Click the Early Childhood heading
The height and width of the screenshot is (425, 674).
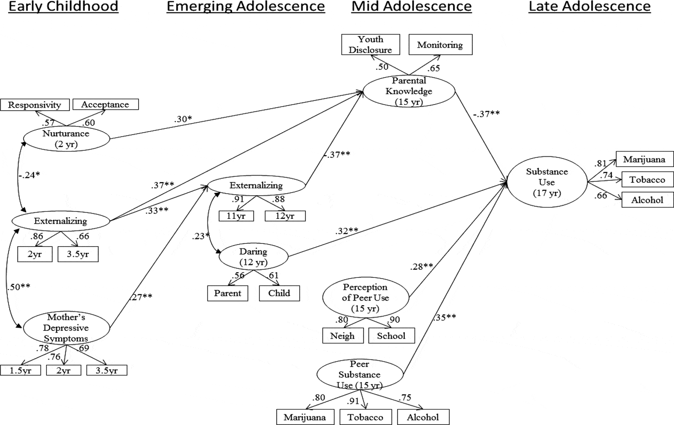[63, 7]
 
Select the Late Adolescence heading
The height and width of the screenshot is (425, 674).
[589, 7]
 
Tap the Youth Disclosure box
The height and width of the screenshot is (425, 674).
[370, 45]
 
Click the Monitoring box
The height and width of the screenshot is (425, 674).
[440, 45]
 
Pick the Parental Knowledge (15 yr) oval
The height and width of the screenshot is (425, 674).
[409, 91]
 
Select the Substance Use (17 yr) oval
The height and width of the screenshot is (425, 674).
[546, 182]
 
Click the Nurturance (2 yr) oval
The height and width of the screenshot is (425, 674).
[66, 139]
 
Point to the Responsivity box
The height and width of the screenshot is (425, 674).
[35, 105]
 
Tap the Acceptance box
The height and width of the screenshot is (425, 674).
[105, 104]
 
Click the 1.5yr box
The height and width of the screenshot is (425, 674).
[20, 370]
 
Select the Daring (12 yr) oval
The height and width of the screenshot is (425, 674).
[253, 257]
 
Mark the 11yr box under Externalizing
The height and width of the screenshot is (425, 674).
[236, 216]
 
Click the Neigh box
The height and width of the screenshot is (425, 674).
[342, 336]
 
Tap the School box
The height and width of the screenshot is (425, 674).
[391, 336]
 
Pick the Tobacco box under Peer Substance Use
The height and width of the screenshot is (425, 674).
[365, 417]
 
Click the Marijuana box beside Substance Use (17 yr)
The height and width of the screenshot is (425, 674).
[644, 160]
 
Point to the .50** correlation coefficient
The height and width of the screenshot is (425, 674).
[18, 287]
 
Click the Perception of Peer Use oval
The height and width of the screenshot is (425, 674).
[365, 298]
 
